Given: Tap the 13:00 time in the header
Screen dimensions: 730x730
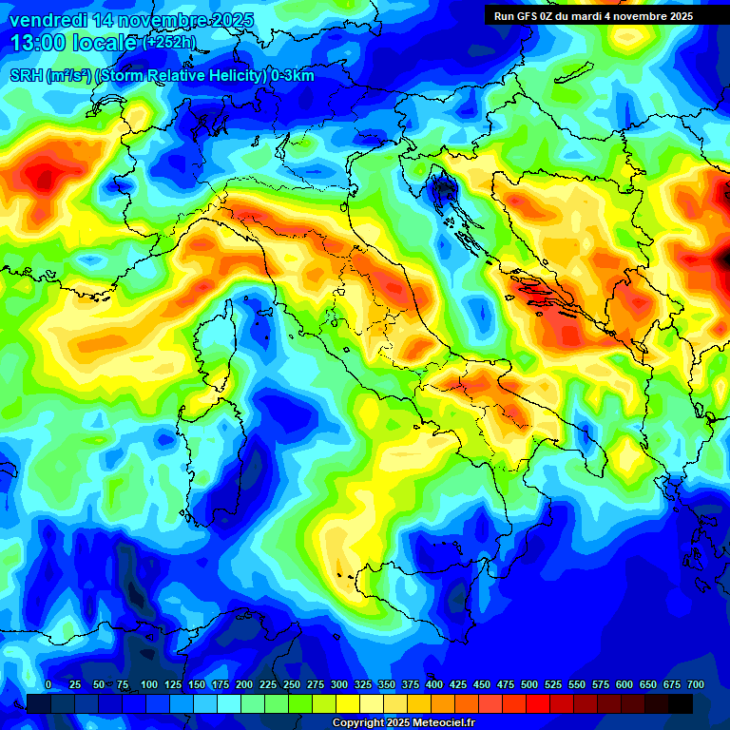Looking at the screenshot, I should [x=37, y=43].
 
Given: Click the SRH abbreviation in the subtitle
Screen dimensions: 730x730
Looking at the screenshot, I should [x=27, y=75].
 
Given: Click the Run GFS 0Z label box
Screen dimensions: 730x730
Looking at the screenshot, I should [x=593, y=16].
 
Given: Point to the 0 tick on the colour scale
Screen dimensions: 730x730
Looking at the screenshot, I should [x=48, y=685].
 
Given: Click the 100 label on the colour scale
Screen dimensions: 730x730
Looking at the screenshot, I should [x=149, y=685].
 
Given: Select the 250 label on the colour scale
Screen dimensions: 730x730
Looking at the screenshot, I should [x=292, y=685].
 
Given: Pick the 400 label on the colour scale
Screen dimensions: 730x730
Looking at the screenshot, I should [x=434, y=685].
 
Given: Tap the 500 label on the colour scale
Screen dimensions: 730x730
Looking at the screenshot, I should [x=529, y=685].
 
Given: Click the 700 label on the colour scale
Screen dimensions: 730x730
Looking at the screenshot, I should [x=696, y=685].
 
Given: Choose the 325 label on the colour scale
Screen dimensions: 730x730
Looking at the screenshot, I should [x=363, y=685].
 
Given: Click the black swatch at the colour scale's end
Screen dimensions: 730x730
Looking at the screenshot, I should [x=681, y=703].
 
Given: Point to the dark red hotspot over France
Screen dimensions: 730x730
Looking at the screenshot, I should [x=43, y=177].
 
